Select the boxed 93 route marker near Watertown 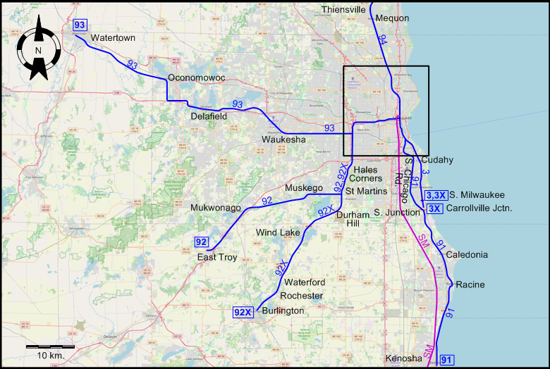[x=80, y=25]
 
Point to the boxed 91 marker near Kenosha [x=446, y=361]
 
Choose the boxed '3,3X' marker [x=436, y=195]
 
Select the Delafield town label [x=209, y=116]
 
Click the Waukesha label [x=283, y=140]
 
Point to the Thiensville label [x=343, y=9]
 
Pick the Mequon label [x=393, y=18]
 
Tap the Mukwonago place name [x=216, y=208]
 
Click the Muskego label [x=303, y=188]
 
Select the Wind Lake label [x=278, y=232]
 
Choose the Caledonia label [x=467, y=255]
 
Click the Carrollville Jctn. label [x=479, y=208]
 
